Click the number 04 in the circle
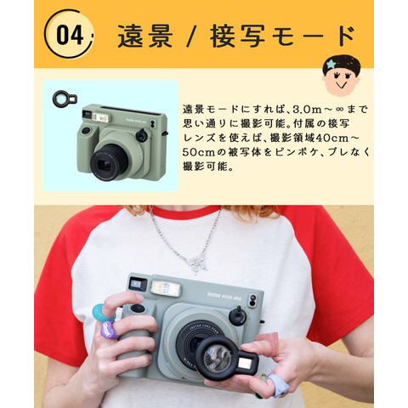(70, 35)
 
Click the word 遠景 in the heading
(145, 37)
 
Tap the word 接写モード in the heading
(282, 36)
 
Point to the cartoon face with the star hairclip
(341, 76)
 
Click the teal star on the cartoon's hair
(331, 65)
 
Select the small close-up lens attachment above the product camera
(65, 99)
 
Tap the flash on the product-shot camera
(100, 117)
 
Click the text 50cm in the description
(198, 152)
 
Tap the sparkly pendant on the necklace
(197, 263)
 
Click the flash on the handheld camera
(166, 288)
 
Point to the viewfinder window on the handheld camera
(138, 284)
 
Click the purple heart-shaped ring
(110, 330)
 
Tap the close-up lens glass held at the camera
(217, 359)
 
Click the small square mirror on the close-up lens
(244, 363)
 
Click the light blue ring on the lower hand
(278, 385)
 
